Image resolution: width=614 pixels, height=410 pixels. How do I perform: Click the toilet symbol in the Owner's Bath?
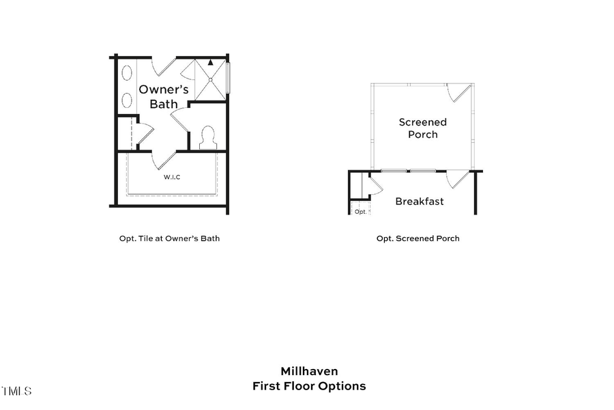tap(207, 137)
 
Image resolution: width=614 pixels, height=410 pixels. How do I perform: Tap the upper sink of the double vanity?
tap(127, 74)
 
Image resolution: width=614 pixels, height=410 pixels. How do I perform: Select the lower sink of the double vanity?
tap(127, 100)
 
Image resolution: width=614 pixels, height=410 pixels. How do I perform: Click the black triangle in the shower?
tap(211, 63)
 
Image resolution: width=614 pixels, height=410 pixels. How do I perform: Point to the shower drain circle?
tap(211, 80)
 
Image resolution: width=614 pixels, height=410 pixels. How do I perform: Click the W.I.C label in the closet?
tap(172, 177)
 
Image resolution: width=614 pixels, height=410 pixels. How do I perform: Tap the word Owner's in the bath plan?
tap(164, 90)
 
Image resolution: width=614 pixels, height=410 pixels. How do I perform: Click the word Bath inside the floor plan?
tap(164, 104)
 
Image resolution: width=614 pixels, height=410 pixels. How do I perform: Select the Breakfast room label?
tap(420, 202)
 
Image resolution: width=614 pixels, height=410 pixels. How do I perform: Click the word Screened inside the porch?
tap(423, 122)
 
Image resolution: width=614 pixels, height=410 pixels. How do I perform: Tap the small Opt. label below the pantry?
tap(361, 212)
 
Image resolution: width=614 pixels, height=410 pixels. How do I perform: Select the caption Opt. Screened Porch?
tap(418, 238)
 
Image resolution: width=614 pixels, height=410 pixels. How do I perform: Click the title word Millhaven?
tap(309, 371)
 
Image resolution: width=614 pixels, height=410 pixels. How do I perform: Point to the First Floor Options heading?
tap(309, 386)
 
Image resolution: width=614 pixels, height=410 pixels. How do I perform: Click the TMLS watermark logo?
tap(16, 392)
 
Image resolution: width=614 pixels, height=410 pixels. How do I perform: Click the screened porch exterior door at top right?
tap(459, 93)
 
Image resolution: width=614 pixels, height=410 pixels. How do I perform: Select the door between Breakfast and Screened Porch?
tap(458, 179)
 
